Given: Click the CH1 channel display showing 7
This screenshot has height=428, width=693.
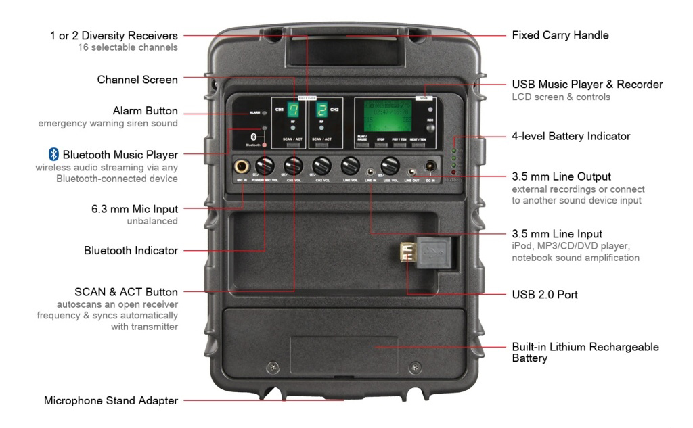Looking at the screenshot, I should coord(293,111).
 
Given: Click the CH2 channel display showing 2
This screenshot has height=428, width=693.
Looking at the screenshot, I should coord(322,111).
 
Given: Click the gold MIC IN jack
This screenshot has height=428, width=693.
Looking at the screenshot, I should coord(240,166).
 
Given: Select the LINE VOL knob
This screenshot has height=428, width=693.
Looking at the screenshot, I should coord(350,166).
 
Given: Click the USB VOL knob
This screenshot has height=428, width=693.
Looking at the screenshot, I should coord(389,166).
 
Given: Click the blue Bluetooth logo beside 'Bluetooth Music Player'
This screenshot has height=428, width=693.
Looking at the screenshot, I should coord(54,154).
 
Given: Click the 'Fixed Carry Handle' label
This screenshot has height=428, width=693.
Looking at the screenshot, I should coord(560,34).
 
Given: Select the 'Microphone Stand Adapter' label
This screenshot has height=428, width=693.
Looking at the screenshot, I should coord(111,401).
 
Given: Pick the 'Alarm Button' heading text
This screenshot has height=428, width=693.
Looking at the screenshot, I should coord(145,111).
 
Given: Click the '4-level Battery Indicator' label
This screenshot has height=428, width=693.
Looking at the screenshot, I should coord(571,137).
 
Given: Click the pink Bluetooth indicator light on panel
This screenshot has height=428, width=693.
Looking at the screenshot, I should coord(264,145).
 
